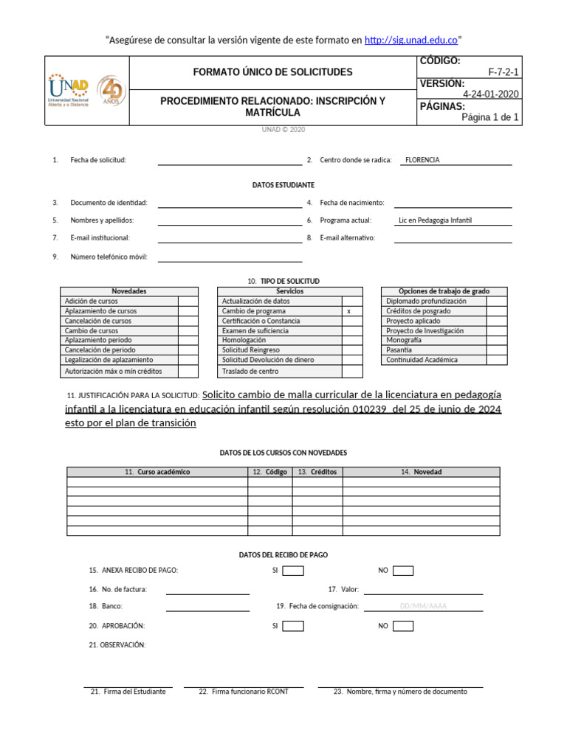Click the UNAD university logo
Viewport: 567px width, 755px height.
tap(68, 91)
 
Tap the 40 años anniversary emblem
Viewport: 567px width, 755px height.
tap(111, 91)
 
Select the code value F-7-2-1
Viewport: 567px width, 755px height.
tap(504, 72)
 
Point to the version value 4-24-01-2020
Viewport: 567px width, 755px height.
tap(490, 94)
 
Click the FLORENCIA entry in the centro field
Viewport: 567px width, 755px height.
tap(422, 160)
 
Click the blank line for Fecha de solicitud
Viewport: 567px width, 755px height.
tap(230, 161)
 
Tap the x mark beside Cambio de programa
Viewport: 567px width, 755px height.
tap(348, 312)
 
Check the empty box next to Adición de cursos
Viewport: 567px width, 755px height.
tap(188, 302)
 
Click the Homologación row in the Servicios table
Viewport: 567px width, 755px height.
tap(244, 341)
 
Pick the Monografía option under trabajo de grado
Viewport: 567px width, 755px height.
tap(404, 341)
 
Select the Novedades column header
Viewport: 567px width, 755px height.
tap(129, 291)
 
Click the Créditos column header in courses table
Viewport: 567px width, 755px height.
tap(317, 472)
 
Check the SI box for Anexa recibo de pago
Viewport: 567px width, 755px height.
tap(293, 571)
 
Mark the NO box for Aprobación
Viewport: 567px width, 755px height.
tap(403, 626)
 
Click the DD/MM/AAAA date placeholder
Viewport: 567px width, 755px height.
tap(423, 607)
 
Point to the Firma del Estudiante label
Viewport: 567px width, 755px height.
tap(128, 692)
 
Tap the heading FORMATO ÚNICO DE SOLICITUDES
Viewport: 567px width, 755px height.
tap(272, 72)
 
